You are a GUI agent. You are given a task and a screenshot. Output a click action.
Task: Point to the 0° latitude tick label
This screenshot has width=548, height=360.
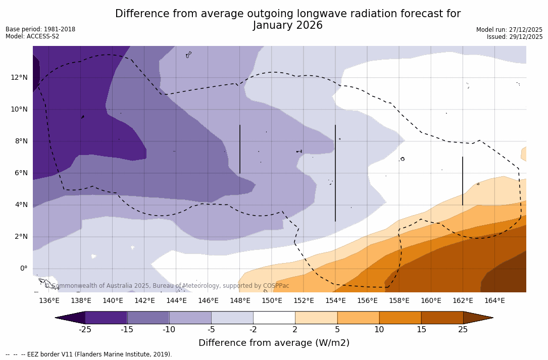tap(24, 268)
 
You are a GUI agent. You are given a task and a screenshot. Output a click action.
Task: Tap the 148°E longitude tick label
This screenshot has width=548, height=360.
tap(240, 300)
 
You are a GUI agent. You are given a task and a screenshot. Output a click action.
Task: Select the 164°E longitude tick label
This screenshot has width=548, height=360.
tap(494, 300)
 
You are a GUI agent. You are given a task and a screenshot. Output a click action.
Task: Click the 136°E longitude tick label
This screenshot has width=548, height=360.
tap(49, 300)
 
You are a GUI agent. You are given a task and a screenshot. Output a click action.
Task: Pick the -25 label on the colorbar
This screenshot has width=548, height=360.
tap(85, 330)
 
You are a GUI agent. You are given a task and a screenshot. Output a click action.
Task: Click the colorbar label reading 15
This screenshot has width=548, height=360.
tap(421, 330)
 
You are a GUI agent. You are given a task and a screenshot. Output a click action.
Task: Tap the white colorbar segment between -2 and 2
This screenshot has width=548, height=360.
tap(274, 318)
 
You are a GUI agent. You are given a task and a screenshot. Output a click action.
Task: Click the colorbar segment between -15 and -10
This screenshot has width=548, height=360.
tap(148, 318)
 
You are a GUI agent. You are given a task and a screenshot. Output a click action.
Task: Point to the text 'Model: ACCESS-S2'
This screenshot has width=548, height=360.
tap(32, 36)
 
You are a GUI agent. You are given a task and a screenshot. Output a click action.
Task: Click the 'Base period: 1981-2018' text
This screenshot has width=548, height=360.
tap(40, 29)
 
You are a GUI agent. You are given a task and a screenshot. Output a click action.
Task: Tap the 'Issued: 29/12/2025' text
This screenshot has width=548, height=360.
tap(515, 37)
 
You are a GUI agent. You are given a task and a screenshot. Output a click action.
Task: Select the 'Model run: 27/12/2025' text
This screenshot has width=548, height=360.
tap(509, 30)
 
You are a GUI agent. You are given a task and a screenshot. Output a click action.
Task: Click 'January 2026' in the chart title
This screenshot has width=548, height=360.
tap(287, 26)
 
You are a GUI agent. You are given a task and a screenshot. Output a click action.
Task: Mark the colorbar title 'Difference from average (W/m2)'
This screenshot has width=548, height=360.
tap(274, 343)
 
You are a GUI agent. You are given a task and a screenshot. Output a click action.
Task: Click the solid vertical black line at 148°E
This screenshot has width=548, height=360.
tap(240, 149)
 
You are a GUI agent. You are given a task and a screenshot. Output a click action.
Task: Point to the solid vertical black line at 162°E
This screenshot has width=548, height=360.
tap(463, 181)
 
